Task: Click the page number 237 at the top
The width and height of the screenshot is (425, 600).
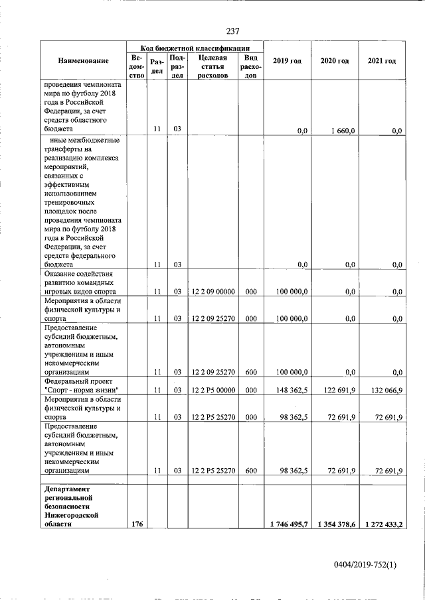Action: (232, 31)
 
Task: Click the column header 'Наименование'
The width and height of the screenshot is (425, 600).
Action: (83, 61)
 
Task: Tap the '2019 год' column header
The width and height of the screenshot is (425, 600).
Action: (288, 61)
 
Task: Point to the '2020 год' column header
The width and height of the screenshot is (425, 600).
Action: (335, 61)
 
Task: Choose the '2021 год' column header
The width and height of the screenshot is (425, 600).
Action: (382, 61)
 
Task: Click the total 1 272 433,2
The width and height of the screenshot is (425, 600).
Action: (382, 524)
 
